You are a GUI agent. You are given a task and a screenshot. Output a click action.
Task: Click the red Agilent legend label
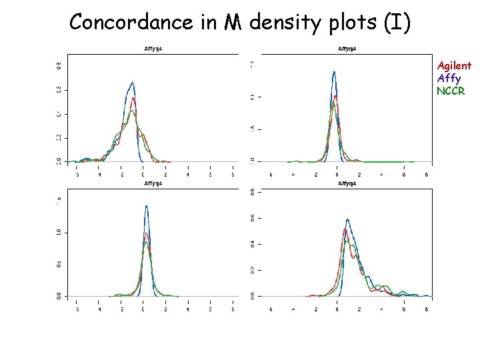pos(454,65)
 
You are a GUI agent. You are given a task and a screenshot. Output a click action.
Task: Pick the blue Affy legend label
pos(449,78)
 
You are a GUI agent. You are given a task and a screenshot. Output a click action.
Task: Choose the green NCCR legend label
pos(451,91)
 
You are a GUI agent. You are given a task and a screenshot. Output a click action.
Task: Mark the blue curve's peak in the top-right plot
pos(334,72)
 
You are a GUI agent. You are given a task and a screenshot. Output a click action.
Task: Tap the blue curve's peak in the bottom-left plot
pos(146,206)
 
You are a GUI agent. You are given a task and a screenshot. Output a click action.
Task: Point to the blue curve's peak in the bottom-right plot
pos(347,219)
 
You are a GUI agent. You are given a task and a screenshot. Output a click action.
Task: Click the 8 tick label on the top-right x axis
pos(426,175)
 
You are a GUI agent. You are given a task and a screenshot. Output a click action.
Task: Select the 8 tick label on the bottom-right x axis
pos(426,309)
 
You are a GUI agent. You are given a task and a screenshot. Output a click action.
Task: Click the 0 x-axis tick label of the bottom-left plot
pos(143,309)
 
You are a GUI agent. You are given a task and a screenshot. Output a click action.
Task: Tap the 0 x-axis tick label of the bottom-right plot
pos(337,309)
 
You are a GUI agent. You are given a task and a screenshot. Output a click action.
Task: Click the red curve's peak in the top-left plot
pos(133,99)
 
